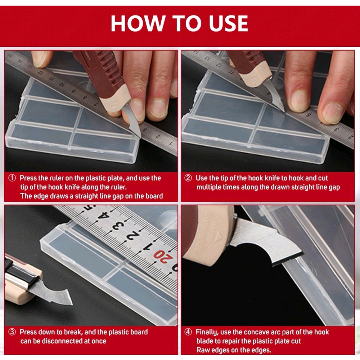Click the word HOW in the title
(x=138, y=24)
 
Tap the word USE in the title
(x=228, y=24)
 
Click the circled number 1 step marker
(x=12, y=178)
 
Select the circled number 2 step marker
(x=188, y=178)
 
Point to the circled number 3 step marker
(x=12, y=332)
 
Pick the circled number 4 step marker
(x=188, y=332)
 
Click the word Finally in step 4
(x=207, y=332)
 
